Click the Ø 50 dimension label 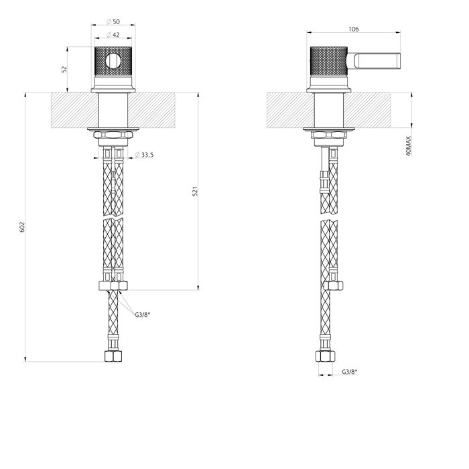tap(113, 21)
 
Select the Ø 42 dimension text tap(113, 35)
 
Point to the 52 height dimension tap(64, 70)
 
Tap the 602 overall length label tap(22, 227)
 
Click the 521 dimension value tap(195, 192)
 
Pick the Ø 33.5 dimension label tap(144, 155)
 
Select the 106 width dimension tap(353, 29)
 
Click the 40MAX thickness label tap(409, 146)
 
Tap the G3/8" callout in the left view tap(142, 314)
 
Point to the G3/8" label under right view tap(350, 372)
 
